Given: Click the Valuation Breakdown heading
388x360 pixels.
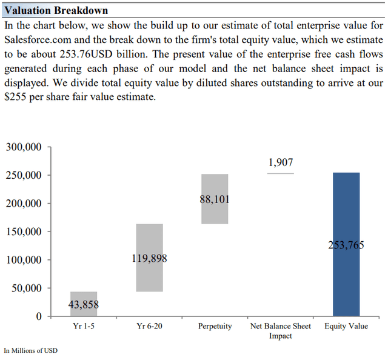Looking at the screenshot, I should (x=56, y=11).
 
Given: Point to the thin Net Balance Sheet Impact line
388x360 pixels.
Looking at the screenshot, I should (x=280, y=174).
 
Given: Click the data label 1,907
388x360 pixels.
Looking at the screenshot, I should (x=280, y=162).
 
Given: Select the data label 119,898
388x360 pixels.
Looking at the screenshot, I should (x=149, y=259).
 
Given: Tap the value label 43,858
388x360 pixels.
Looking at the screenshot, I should (x=84, y=305).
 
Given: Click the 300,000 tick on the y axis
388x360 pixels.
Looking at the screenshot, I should (x=24, y=147).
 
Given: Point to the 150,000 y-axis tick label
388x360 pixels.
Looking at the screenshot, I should (x=24, y=232).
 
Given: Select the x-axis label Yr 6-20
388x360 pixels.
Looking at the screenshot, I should (x=149, y=327).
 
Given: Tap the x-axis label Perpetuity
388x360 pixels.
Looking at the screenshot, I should (x=215, y=327).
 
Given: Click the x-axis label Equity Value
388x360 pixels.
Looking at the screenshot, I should (x=346, y=327).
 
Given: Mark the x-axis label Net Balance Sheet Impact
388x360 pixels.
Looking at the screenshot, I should (x=280, y=331).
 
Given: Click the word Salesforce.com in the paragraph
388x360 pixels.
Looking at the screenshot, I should (x=35, y=39).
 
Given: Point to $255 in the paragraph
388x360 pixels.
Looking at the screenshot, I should (x=16, y=98).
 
